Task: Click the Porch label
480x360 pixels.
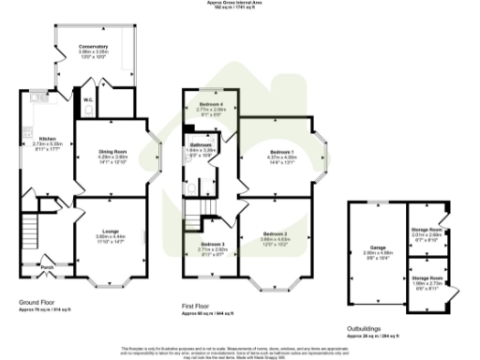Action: click(x=47, y=263)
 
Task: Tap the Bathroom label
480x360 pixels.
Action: click(x=202, y=145)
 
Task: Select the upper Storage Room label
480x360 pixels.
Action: click(x=427, y=230)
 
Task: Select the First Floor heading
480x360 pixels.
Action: click(x=200, y=305)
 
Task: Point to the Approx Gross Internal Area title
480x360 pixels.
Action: click(x=240, y=4)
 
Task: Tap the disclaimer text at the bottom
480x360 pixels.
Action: click(x=240, y=350)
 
